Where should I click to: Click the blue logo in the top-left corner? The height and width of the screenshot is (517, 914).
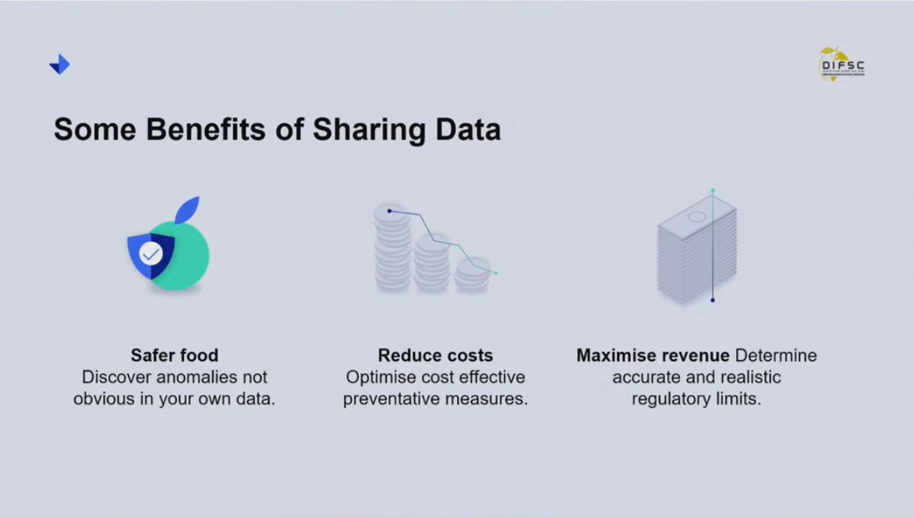coord(59,65)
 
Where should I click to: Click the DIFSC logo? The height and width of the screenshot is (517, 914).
coord(841,65)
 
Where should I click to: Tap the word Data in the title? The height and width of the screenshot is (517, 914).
coord(469,129)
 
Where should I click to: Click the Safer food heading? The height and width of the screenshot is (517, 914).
coord(175,356)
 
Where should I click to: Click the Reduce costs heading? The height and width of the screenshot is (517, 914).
coord(435,356)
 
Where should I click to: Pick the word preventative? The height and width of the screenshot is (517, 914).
coord(394,399)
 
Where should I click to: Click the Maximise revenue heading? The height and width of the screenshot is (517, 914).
coord(653,356)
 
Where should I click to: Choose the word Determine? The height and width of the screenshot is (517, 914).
coord(776,356)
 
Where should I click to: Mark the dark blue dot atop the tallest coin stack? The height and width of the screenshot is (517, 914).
coord(389,211)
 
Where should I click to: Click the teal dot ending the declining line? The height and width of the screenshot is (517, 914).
coord(495,273)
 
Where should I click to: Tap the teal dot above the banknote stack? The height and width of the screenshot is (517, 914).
coord(712,190)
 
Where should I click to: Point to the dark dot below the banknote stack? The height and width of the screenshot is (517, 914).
coord(713,300)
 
